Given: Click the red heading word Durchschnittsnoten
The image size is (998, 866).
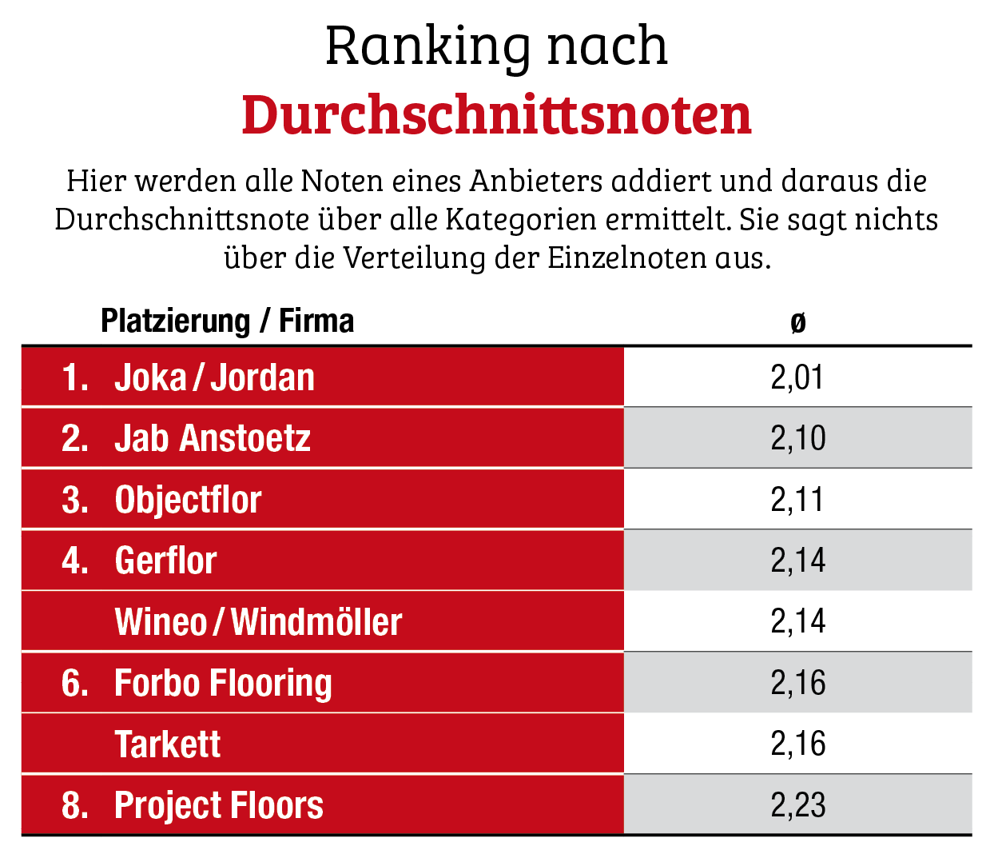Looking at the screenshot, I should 496,115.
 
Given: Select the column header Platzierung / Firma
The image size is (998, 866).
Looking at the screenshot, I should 227,321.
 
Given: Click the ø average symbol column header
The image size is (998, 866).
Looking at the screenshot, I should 797,322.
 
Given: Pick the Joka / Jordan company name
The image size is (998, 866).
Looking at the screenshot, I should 214,377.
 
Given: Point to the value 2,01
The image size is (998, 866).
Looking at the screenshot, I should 797,377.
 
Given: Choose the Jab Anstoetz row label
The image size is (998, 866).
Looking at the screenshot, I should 212,438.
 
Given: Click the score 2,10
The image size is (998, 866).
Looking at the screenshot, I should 797,438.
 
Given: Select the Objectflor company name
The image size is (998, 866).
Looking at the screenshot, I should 188,500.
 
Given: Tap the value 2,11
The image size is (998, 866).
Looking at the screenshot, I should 797,500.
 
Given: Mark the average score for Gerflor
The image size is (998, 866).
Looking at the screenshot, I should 797,561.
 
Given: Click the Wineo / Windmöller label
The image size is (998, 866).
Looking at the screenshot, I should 258,622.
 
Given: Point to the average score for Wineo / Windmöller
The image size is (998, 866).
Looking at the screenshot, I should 797,622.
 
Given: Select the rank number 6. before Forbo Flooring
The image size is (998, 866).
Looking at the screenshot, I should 75,683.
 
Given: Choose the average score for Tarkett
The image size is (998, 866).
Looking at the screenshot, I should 797,744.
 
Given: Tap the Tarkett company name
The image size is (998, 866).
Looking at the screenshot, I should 168,744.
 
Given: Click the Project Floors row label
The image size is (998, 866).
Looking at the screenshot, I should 218,805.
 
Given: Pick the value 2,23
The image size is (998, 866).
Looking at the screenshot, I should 797,805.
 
